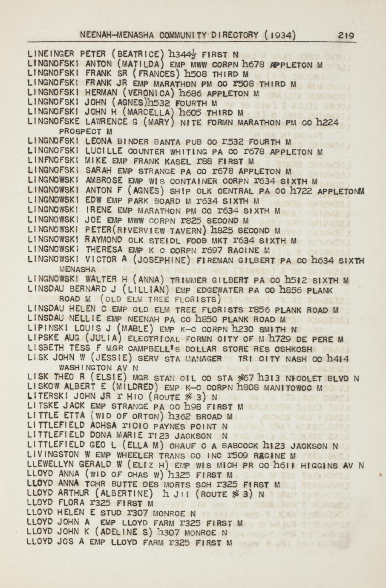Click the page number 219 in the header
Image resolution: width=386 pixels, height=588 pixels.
click(346, 35)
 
